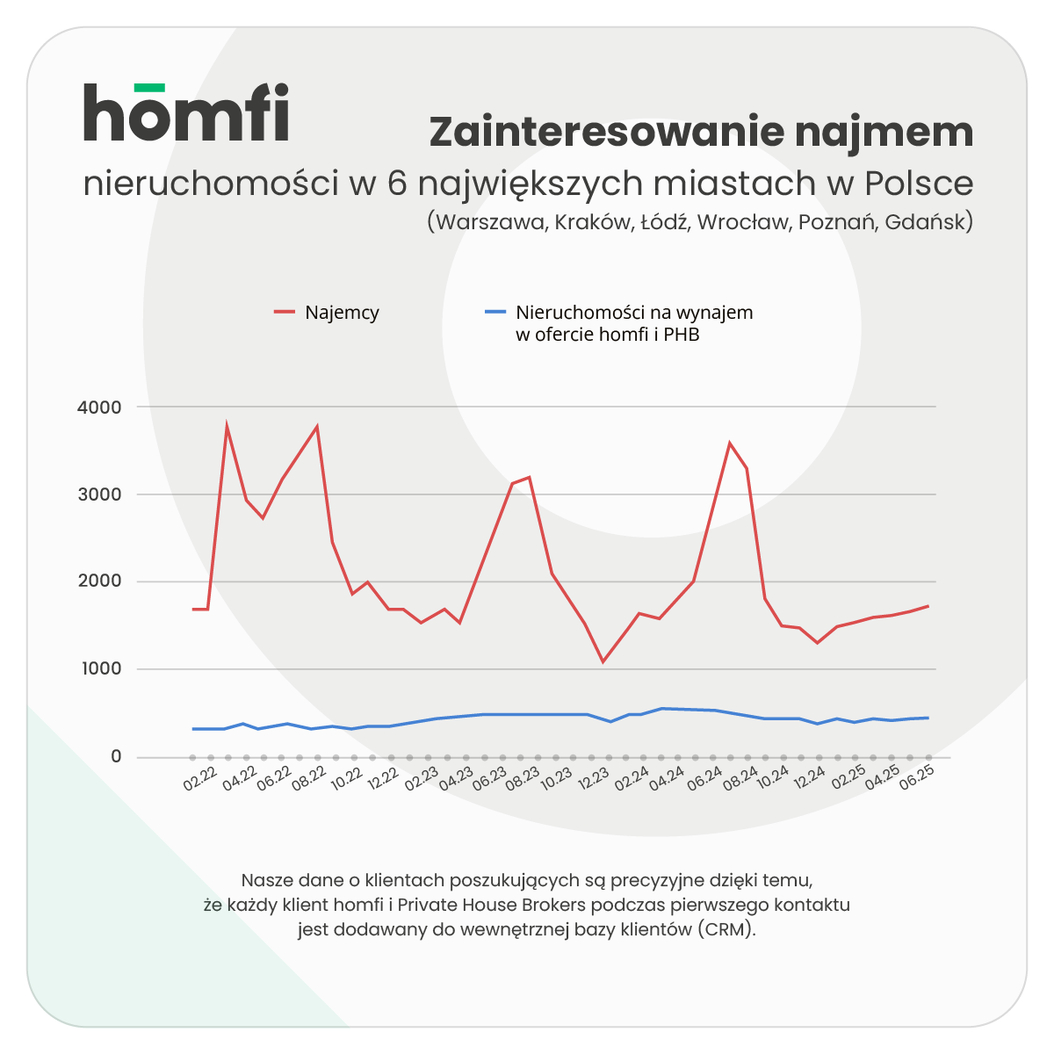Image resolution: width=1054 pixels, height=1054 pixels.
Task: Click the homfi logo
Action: coord(186,112)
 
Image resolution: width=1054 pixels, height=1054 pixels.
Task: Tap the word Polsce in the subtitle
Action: coord(918,184)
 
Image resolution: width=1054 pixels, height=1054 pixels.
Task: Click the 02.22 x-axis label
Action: coord(200,779)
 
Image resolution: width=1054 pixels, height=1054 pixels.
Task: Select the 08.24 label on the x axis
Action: coord(740,779)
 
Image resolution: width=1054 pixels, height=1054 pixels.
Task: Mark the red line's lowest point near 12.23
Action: coord(603,661)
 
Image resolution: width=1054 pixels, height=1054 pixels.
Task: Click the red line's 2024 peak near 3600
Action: coord(729,443)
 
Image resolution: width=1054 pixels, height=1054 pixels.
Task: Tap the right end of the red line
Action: coord(928,606)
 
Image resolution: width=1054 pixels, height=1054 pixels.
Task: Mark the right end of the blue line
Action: coord(928,718)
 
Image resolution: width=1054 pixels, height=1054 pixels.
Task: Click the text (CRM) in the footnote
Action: coord(727,930)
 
